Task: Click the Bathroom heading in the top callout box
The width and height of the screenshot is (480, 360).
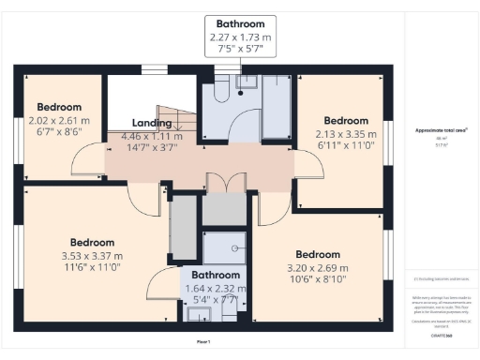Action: point(240,23)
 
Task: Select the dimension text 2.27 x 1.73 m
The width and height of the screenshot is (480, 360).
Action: point(240,37)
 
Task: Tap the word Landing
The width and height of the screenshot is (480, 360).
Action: point(151,123)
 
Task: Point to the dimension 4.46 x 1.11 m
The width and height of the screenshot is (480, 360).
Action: point(151,136)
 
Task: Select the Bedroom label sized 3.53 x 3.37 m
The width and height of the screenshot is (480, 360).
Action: point(92,242)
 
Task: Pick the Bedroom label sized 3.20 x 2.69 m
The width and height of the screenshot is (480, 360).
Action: point(318,254)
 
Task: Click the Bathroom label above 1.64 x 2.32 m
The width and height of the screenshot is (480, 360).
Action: point(216,276)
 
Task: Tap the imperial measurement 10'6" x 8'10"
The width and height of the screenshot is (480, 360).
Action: point(318,278)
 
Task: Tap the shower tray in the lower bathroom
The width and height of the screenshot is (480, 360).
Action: point(224,247)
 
